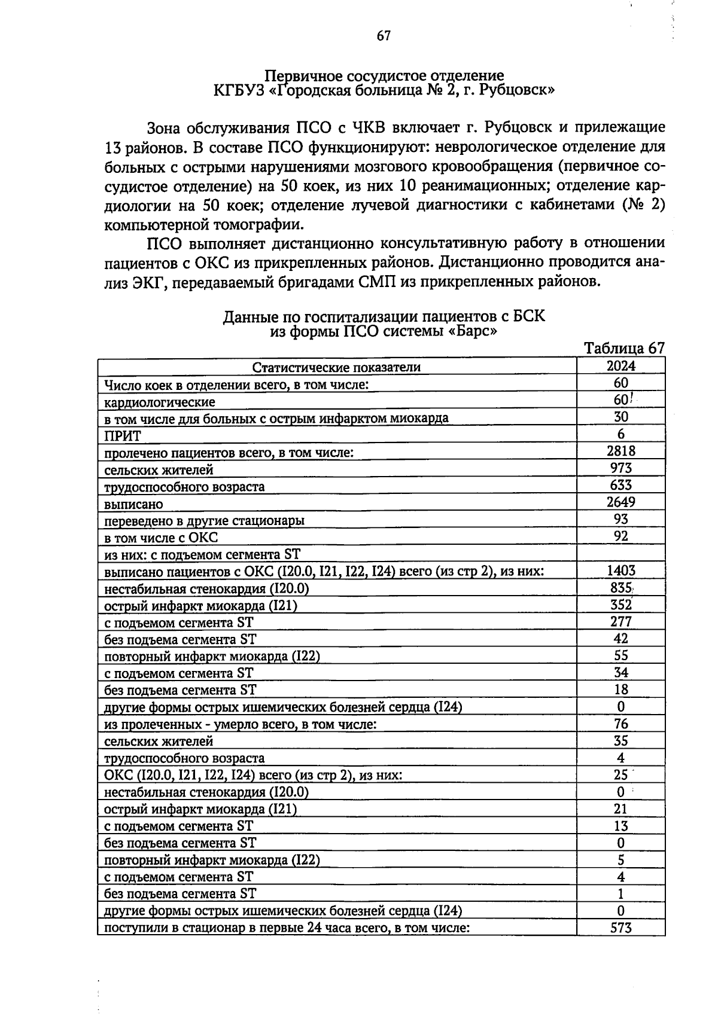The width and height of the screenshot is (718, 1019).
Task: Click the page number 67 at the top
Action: tap(384, 36)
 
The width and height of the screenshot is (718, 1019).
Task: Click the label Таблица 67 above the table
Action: tap(624, 349)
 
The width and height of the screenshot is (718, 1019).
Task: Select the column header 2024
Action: tap(621, 366)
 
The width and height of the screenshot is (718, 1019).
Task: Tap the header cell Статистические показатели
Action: tap(336, 367)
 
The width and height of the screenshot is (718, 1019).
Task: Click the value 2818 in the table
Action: tap(621, 451)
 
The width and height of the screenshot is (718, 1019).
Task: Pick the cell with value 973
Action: tap(621, 468)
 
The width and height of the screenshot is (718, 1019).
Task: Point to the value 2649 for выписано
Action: tap(621, 502)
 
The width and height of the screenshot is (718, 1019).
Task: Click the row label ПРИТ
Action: tap(122, 436)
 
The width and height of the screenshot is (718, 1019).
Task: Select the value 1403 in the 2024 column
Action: tap(621, 570)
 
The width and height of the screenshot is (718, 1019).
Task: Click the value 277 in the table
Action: tap(621, 622)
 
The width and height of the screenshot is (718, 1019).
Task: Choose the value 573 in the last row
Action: tap(621, 928)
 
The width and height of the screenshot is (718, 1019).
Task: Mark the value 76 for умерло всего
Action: tap(621, 724)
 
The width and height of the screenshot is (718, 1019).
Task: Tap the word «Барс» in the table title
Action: tap(473, 331)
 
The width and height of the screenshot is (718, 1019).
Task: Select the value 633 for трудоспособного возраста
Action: tap(621, 485)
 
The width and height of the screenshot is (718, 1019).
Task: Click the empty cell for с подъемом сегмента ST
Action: tap(621, 553)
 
